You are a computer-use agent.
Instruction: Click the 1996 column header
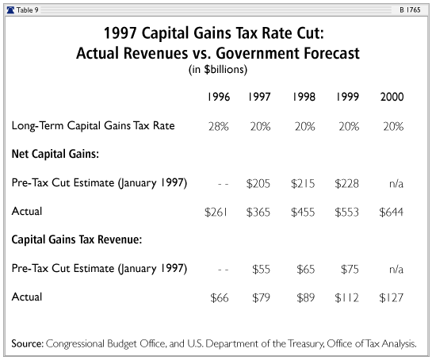tap(219, 97)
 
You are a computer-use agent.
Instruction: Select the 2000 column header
tap(392, 97)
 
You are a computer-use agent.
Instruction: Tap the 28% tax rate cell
tap(219, 127)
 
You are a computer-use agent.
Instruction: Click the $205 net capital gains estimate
tap(258, 184)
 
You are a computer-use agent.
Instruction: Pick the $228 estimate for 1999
tap(346, 184)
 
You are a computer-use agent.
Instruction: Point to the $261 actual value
tap(216, 213)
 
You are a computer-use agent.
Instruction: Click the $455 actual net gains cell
tap(303, 213)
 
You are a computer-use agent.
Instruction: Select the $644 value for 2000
tap(391, 213)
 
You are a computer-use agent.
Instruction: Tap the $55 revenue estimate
tap(261, 270)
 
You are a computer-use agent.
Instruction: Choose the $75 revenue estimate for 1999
tap(350, 270)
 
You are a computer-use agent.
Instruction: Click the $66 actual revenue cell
tap(220, 297)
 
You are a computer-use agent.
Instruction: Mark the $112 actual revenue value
tap(346, 297)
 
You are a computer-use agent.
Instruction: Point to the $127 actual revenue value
tap(391, 297)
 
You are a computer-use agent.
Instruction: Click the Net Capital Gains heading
tap(55, 154)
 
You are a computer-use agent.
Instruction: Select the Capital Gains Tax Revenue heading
tap(77, 239)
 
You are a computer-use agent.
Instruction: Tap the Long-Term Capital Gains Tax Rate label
tap(93, 126)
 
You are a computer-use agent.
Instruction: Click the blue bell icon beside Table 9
tap(10, 10)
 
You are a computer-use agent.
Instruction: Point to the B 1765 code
tap(410, 10)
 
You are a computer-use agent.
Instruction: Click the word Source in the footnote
tap(27, 343)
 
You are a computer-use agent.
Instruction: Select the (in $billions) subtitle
tap(218, 70)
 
